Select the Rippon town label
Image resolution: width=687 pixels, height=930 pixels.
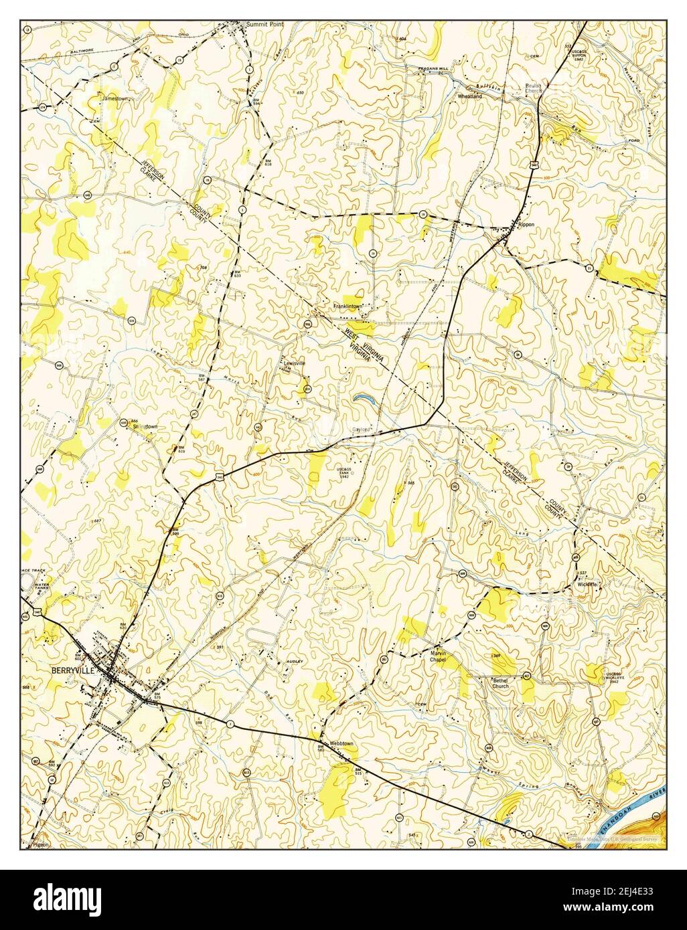tap(526, 225)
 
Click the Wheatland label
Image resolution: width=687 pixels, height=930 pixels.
tap(469, 96)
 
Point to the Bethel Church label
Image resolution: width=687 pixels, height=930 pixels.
tap(500, 682)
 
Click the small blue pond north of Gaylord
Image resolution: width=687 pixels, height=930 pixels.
tap(364, 399)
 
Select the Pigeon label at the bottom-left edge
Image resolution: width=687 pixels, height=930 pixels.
tap(40, 846)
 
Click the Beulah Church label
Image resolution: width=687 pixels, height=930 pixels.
tap(533, 88)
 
